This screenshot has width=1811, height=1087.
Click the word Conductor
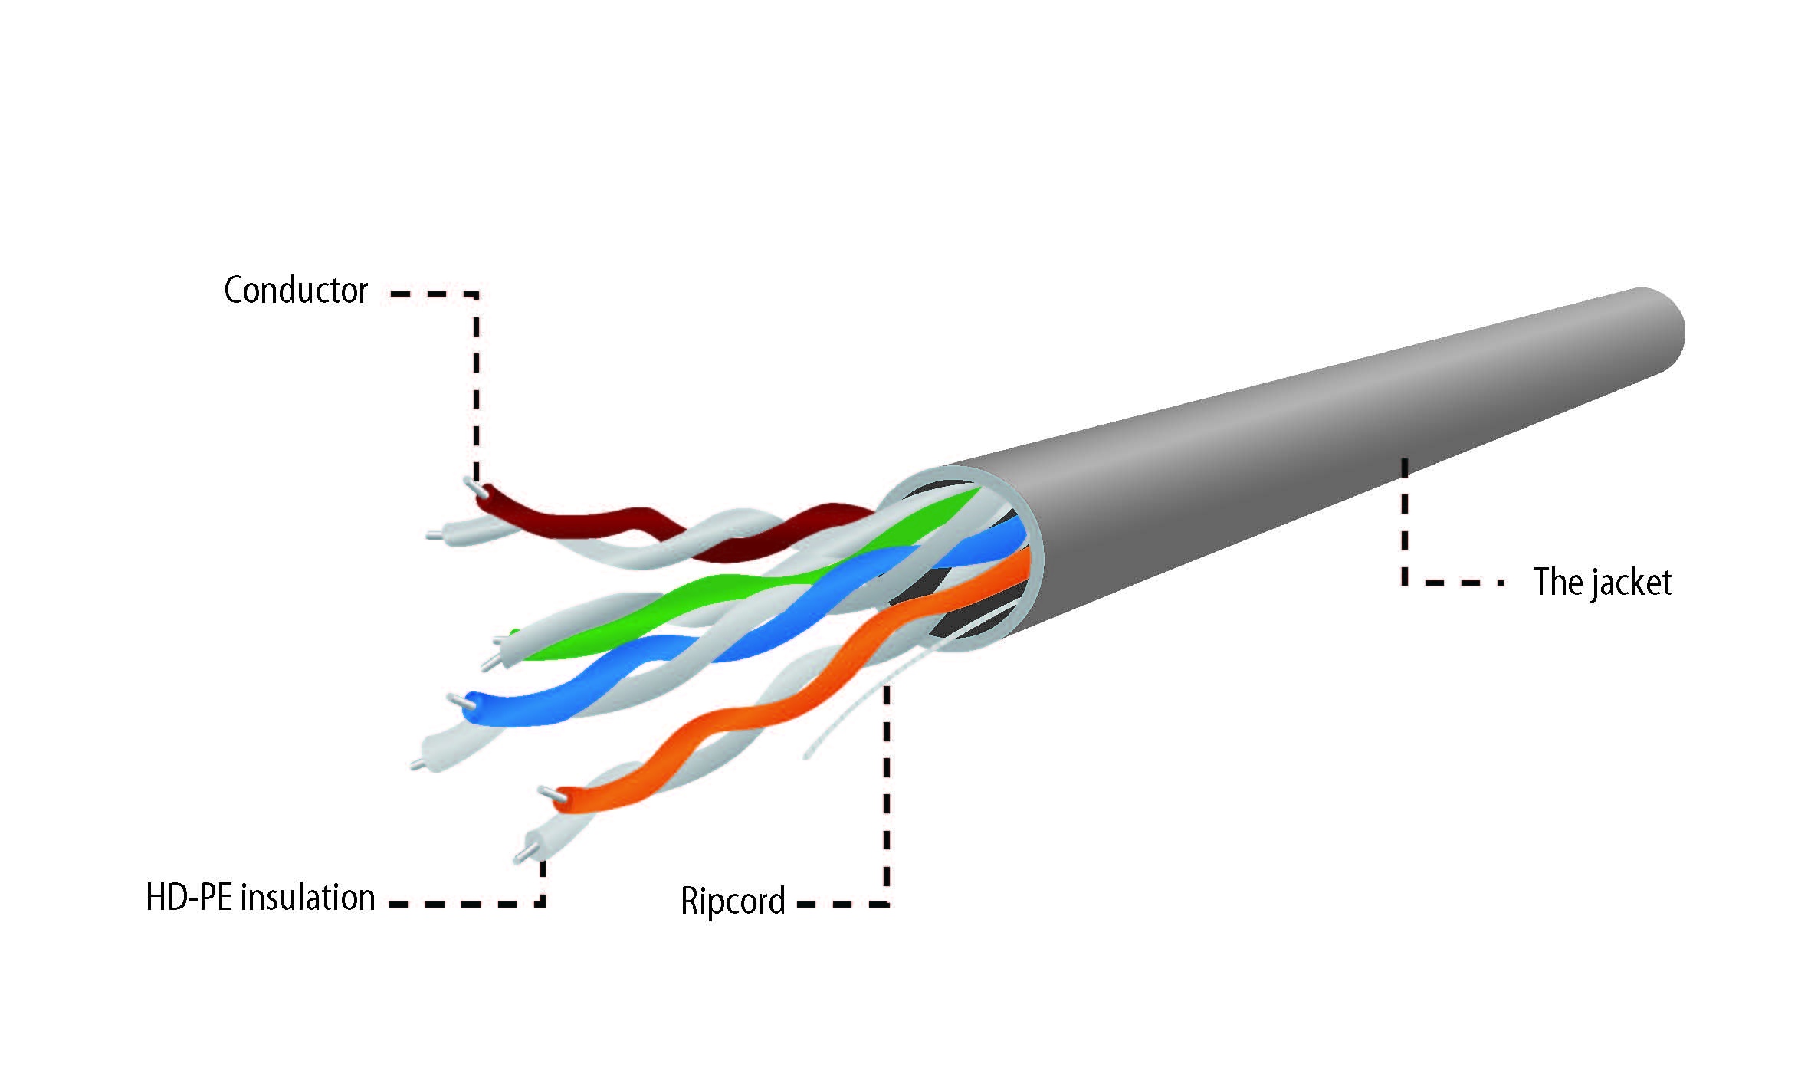click(x=296, y=291)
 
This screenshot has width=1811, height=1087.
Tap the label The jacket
click(x=1602, y=582)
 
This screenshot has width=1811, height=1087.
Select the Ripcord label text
click(x=733, y=901)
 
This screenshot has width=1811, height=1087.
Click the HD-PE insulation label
click(x=261, y=897)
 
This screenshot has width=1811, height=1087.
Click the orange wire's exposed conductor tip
click(x=549, y=793)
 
